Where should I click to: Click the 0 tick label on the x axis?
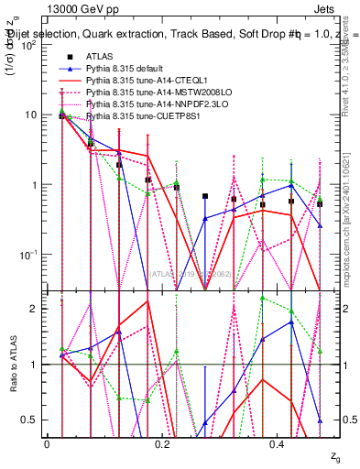(47, 442)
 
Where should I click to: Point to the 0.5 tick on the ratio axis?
(32, 420)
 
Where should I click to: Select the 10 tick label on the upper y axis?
(30, 115)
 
